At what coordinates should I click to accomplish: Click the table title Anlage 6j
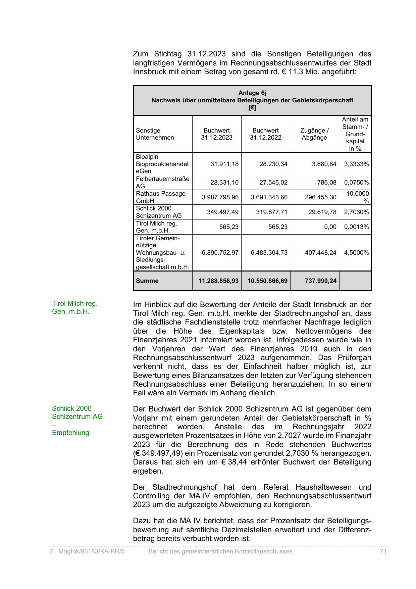[x=252, y=93]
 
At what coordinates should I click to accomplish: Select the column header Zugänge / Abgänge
[x=314, y=134]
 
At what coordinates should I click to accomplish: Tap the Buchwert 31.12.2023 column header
[x=217, y=134]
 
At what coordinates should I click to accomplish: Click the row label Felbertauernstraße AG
[x=162, y=182]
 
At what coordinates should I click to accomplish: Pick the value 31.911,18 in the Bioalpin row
[x=224, y=164]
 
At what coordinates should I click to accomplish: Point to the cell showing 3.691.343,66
[x=269, y=197]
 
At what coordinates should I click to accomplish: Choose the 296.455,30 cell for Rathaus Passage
[x=320, y=197]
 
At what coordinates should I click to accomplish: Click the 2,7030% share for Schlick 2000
[x=356, y=212]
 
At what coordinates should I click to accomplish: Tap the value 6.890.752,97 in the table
[x=220, y=253]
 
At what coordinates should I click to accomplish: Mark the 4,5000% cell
[x=356, y=253]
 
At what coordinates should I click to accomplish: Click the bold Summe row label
[x=147, y=281]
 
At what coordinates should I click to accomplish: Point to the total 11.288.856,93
[x=218, y=281]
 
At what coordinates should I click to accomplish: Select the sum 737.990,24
[x=320, y=281]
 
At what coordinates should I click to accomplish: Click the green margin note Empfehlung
[x=70, y=433]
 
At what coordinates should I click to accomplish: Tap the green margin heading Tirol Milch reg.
[x=74, y=303]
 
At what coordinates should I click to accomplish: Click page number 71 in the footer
[x=383, y=551]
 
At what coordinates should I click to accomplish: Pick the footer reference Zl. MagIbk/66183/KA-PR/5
[x=87, y=551]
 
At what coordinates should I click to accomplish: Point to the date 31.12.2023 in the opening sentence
[x=206, y=54]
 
